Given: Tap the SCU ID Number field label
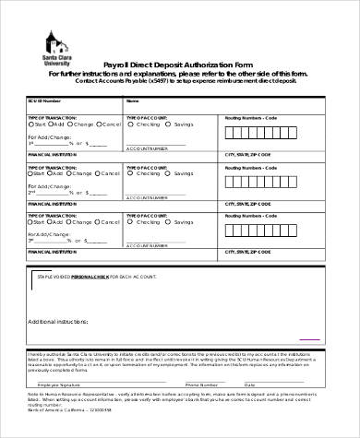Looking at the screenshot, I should tap(45, 100).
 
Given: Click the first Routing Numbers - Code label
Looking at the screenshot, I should tap(250, 118).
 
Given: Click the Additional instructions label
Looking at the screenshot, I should tap(62, 321).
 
